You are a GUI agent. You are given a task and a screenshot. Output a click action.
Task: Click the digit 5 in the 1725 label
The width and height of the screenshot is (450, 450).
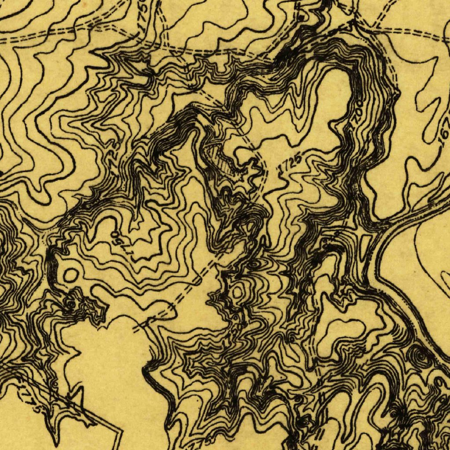tap(299, 158)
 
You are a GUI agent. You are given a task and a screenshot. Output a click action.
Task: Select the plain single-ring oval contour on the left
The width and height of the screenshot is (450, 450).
tap(70, 276)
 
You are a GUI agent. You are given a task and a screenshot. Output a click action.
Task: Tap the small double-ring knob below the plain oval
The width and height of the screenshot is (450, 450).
tap(70, 303)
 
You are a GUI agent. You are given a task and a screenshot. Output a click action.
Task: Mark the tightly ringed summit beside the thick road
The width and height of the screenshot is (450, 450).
tap(421, 358)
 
